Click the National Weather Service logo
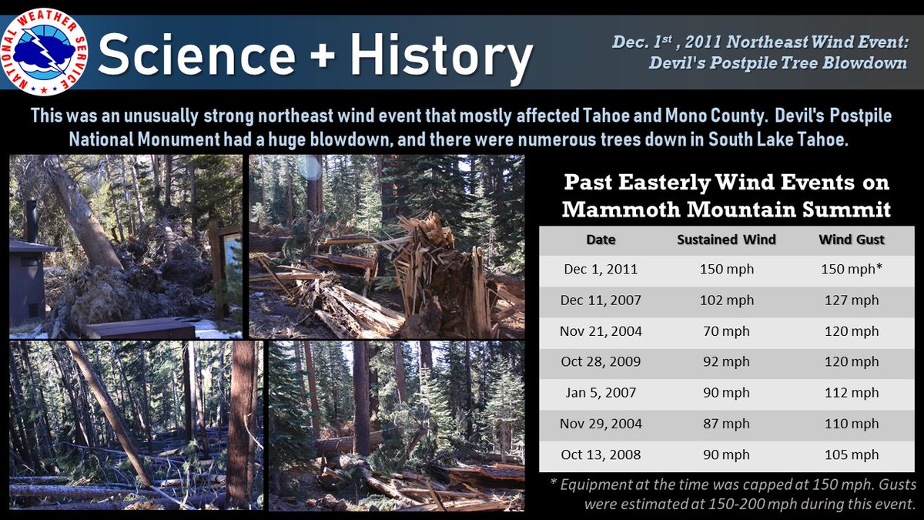[x=45, y=52]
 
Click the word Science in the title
[x=196, y=56]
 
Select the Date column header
[x=601, y=240]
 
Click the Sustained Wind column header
[x=726, y=240]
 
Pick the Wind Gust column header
[x=851, y=240]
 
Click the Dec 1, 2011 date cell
[x=601, y=270]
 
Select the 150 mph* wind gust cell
[x=851, y=270]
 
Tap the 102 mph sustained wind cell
[x=726, y=300]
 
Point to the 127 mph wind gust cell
[x=851, y=300]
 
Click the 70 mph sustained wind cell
[x=726, y=331]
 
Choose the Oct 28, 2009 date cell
[x=601, y=362]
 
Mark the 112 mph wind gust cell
[x=851, y=393]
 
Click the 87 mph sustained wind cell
[x=726, y=424]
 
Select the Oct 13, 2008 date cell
[x=601, y=455]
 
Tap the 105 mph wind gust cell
[x=851, y=455]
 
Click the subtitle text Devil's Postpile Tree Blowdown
[x=778, y=63]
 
